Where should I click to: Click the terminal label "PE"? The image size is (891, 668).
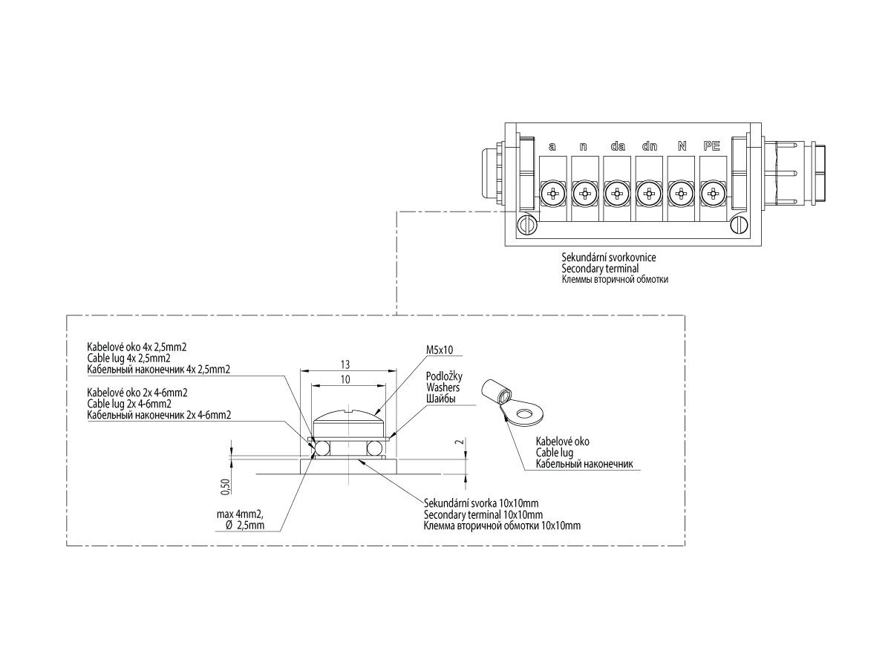711,146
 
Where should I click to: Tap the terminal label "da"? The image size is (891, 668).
618,146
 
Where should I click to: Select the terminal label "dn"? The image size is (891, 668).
650,146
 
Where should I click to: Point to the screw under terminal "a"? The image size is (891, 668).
553,194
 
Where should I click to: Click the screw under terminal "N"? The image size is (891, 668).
681,194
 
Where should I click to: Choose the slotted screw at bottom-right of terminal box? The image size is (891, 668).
739,225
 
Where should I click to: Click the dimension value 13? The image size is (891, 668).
345,364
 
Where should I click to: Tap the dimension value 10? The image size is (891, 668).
345,379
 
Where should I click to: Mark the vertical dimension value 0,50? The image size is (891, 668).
226,487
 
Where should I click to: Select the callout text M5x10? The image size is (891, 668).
440,350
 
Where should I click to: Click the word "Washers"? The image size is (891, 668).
443,387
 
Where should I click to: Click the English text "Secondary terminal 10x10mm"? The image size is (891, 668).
483,514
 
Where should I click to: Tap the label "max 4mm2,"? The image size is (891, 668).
240,514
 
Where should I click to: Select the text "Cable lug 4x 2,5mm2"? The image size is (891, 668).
128,358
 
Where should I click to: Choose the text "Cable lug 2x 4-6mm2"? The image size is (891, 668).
129,404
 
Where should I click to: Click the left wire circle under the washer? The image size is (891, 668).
323,448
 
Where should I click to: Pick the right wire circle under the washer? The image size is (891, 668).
374,448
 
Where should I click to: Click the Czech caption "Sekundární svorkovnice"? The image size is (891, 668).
608,257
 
